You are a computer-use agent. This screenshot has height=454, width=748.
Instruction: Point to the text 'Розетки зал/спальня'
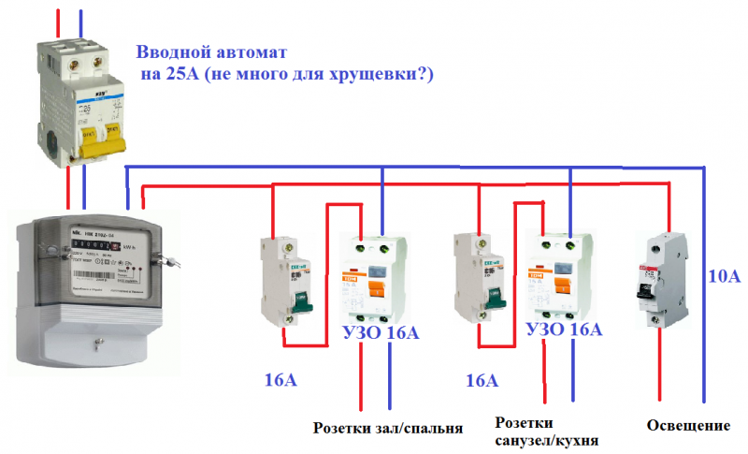(388, 428)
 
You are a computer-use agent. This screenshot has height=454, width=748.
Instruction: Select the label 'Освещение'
(688, 426)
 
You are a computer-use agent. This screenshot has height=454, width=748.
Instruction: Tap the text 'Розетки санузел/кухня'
(547, 432)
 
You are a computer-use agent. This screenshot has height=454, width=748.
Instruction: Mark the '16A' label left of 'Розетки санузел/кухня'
(481, 381)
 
